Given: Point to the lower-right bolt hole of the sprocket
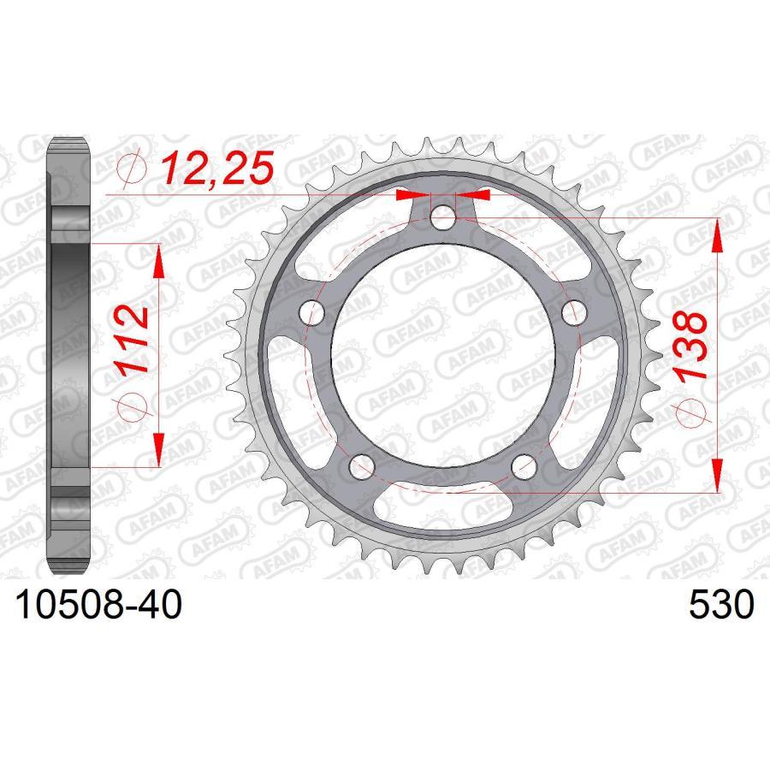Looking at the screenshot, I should coord(524,466).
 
